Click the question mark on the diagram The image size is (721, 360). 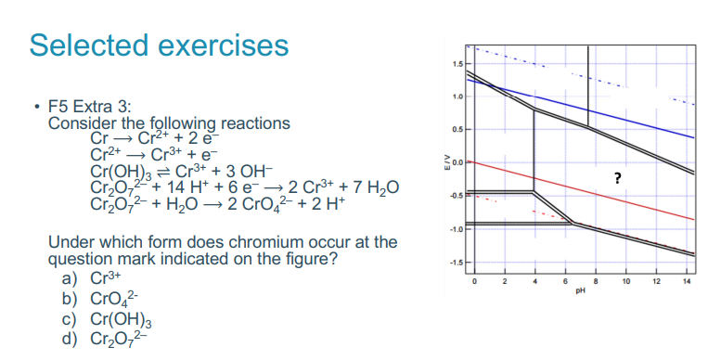[616, 178]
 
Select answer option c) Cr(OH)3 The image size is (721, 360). [108, 317]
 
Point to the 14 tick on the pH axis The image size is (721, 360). [688, 280]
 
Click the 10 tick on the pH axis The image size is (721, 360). [626, 280]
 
